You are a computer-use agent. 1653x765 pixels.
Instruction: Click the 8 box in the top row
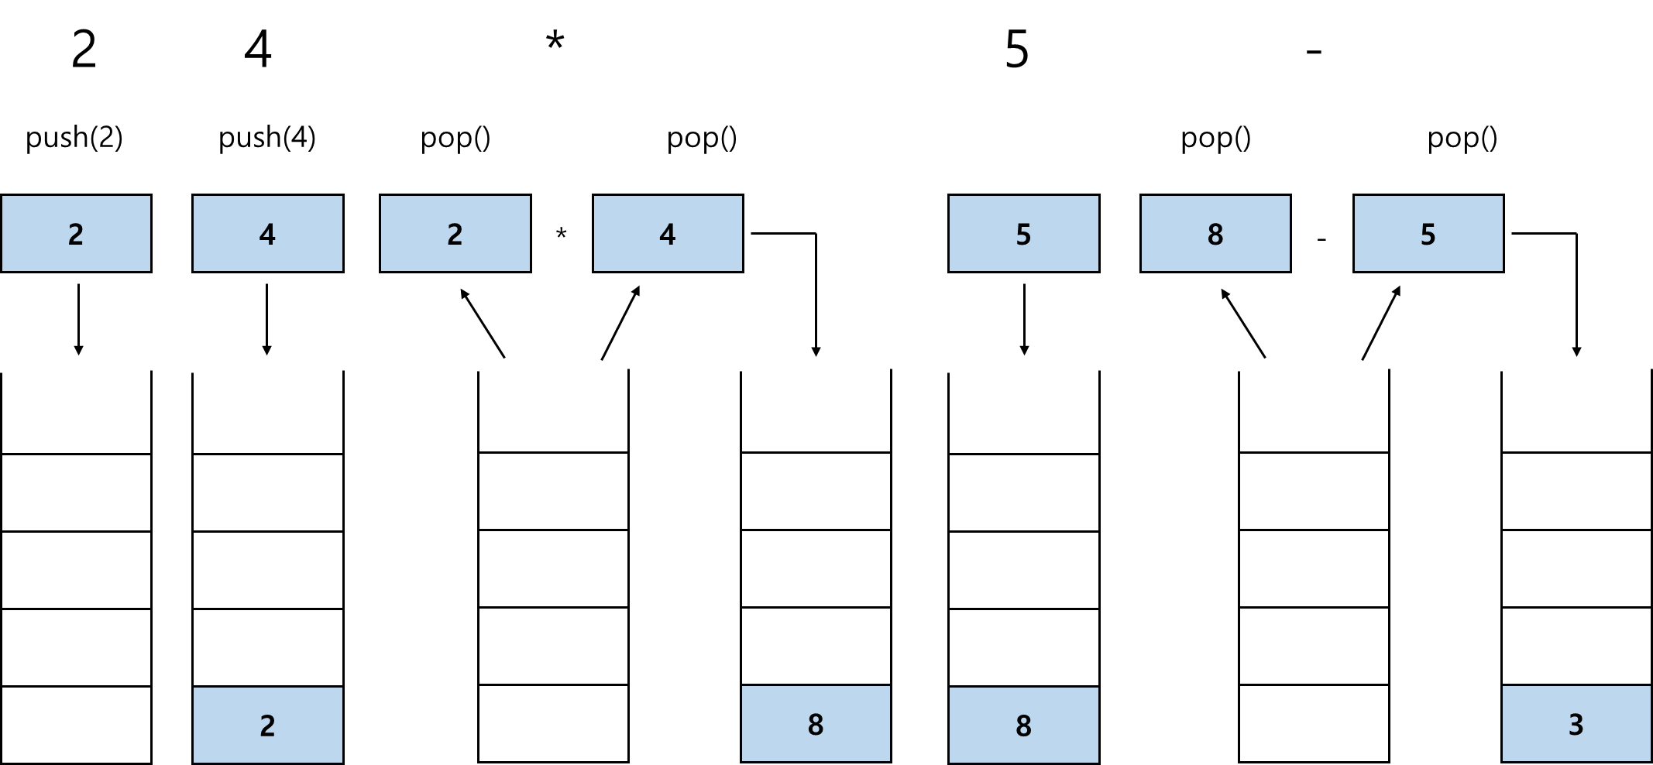pos(1215,233)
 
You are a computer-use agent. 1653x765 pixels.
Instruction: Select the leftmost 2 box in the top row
pos(76,233)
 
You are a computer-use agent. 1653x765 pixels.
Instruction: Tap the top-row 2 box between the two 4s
pos(455,233)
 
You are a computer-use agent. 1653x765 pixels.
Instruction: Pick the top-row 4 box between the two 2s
pos(267,233)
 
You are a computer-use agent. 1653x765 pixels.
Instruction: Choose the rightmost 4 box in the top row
pos(668,233)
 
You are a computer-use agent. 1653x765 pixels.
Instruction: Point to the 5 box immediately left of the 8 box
pos(1023,233)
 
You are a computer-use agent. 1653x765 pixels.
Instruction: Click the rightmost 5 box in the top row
pos(1428,233)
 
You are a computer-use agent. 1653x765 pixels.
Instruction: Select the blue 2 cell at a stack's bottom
pos(267,725)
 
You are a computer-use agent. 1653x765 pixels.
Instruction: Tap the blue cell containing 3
pos(1576,724)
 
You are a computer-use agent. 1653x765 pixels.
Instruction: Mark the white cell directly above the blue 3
pos(1576,646)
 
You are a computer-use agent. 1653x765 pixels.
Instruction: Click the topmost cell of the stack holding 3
pos(1576,492)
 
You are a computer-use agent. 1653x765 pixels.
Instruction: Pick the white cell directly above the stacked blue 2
pos(267,647)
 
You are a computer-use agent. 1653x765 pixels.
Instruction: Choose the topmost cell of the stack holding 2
pos(267,493)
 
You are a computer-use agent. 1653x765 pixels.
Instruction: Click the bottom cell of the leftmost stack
pos(76,725)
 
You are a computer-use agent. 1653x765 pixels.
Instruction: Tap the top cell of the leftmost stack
pos(76,493)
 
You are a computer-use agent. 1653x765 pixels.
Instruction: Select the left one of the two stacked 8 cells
pos(816,724)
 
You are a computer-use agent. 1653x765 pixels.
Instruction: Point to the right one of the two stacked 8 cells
pos(1023,725)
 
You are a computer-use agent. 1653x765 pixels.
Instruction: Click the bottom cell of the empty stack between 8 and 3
pos(1314,723)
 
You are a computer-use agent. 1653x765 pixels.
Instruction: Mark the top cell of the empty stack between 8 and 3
pos(1314,492)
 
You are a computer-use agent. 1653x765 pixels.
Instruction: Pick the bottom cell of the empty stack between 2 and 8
pos(553,723)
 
